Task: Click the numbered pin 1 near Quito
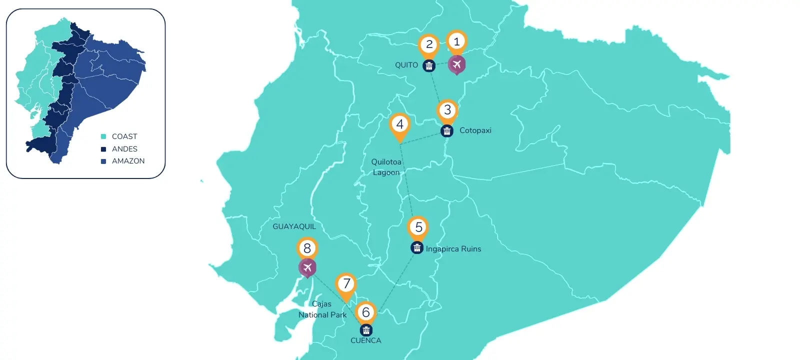click(456, 42)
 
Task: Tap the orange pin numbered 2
click(429, 45)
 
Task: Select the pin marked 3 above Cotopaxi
click(447, 110)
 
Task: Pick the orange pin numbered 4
click(399, 124)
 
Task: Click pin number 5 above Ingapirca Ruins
click(418, 227)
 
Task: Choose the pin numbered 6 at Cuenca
click(366, 312)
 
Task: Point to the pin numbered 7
click(346, 284)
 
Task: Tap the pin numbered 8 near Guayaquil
click(307, 248)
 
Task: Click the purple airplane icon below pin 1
click(456, 64)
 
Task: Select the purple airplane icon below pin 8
click(307, 267)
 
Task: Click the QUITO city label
click(406, 65)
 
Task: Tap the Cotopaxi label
click(475, 130)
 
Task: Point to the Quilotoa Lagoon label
click(386, 167)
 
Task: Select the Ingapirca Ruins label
click(453, 249)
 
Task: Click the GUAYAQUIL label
click(294, 226)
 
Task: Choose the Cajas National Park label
click(322, 309)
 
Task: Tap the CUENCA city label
click(365, 340)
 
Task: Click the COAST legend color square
click(103, 136)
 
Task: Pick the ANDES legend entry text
click(124, 149)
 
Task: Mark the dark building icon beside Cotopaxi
click(446, 131)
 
